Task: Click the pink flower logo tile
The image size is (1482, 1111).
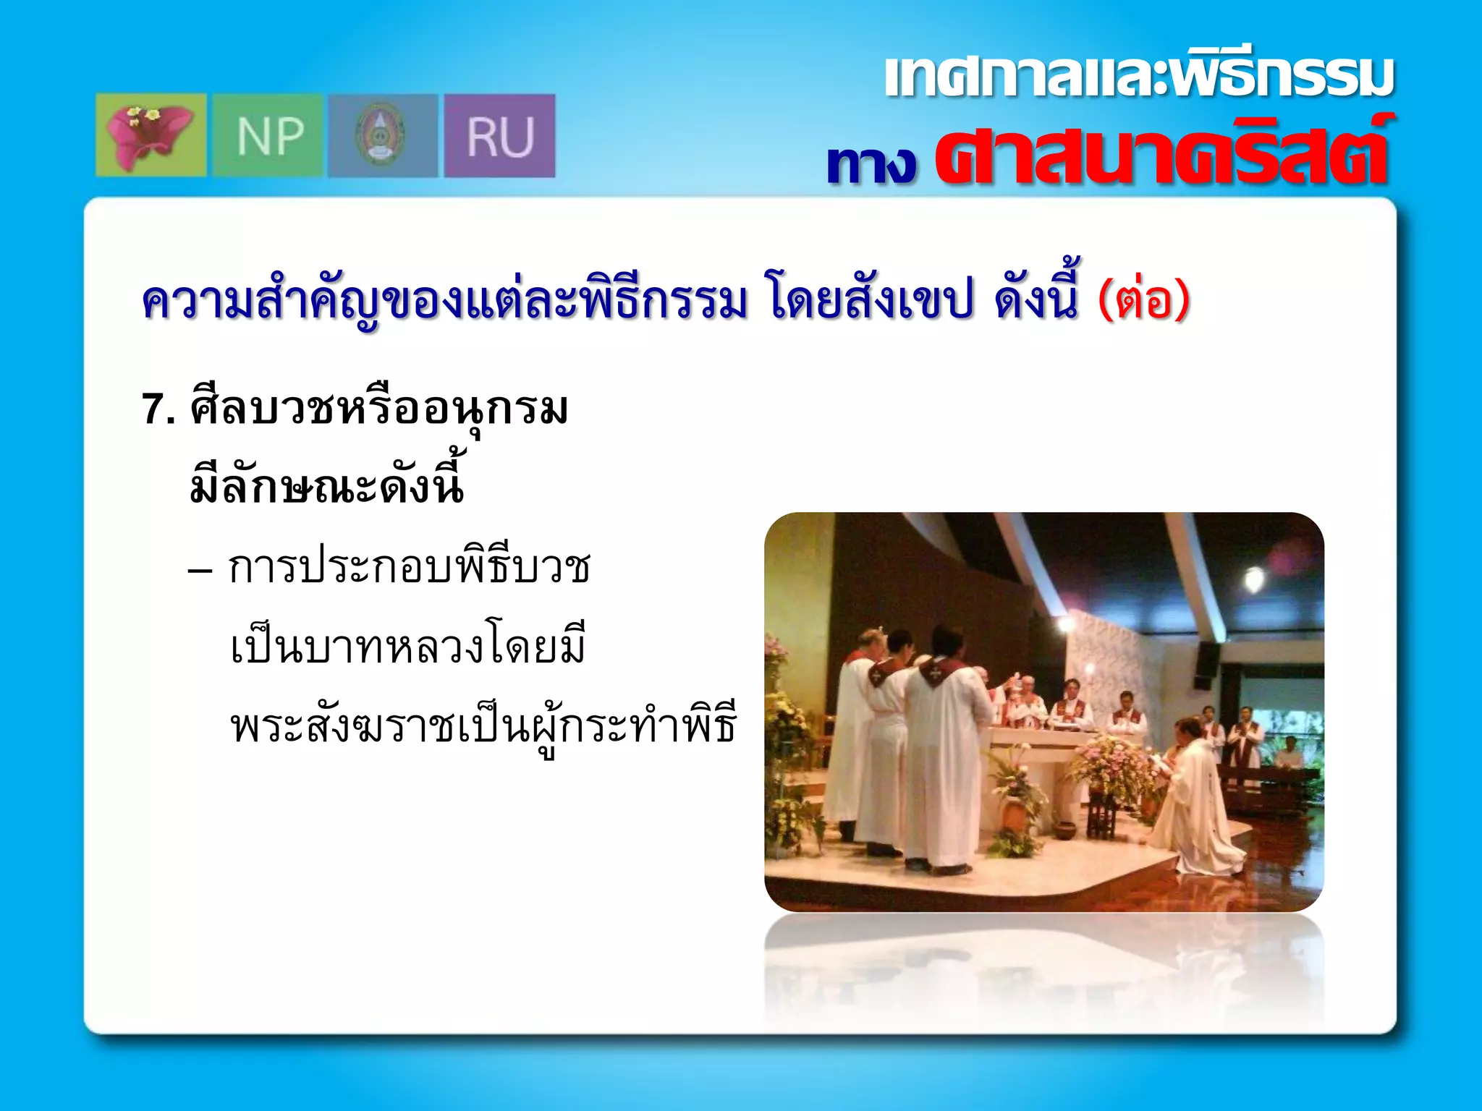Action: (x=151, y=135)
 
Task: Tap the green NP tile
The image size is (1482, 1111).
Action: (x=268, y=135)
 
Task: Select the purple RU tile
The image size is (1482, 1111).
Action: (x=499, y=135)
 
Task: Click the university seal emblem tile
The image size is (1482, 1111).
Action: (x=382, y=135)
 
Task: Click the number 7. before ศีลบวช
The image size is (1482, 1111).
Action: (x=158, y=409)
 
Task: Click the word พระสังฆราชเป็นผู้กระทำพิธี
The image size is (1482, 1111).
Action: (x=483, y=725)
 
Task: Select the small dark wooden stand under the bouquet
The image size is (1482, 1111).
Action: (x=1101, y=817)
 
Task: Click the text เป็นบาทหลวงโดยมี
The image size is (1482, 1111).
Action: (x=407, y=646)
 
